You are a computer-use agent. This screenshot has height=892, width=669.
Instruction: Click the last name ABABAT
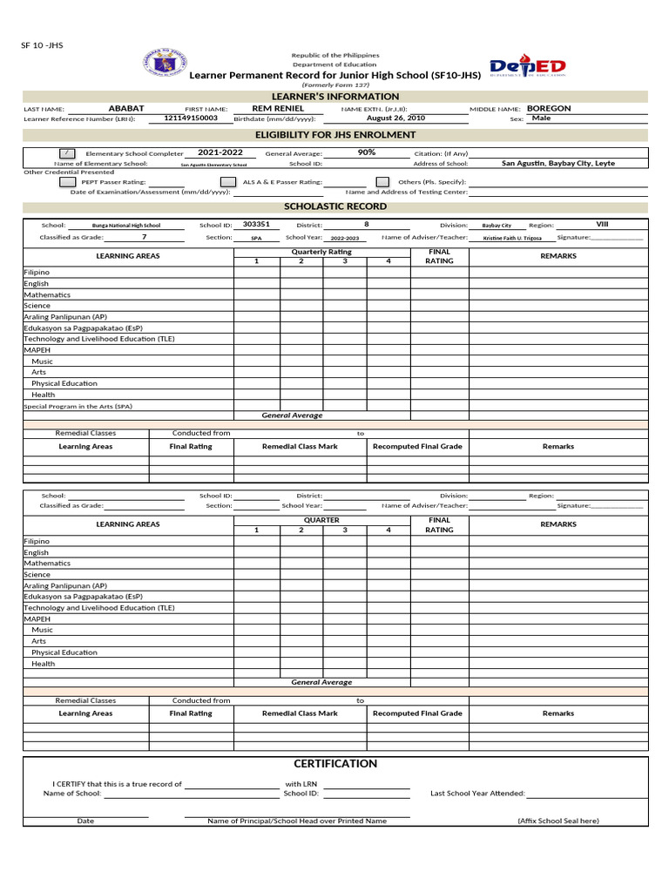126,108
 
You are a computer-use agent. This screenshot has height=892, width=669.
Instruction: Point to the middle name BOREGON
549,108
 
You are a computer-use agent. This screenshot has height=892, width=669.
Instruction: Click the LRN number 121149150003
190,118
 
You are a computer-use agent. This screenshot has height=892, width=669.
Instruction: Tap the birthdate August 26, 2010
395,118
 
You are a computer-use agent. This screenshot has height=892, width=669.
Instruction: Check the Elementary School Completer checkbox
67,153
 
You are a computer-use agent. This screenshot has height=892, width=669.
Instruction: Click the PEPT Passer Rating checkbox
67,182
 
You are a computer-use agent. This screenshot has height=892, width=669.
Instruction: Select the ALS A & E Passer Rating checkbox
228,182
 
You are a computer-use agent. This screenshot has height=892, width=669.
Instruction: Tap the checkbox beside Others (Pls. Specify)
382,182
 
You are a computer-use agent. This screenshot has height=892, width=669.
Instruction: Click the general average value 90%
367,152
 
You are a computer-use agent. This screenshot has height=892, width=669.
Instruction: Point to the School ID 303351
256,224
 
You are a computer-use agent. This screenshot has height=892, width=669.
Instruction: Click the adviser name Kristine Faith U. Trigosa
511,238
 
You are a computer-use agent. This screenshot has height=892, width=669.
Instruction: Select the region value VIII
602,224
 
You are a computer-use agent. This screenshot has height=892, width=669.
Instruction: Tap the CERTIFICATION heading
335,763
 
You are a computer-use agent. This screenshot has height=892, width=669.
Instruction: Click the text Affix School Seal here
557,821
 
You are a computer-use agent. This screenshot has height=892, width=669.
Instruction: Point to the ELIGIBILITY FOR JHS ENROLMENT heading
335,135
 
